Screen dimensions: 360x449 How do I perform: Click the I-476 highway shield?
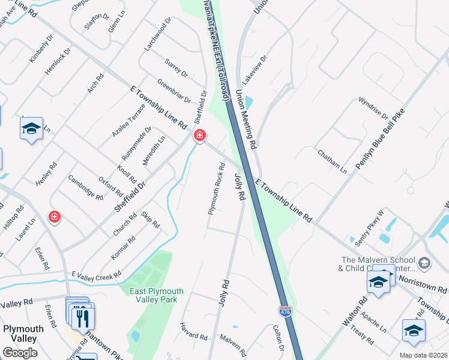pos(286,311)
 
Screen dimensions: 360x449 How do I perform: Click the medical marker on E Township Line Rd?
pos(199,137)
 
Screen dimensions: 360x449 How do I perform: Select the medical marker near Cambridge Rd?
pos(55,217)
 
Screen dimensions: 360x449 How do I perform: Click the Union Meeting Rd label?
pos(246,119)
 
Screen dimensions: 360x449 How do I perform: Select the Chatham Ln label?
pos(333,162)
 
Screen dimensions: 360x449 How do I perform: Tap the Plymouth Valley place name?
pos(23,333)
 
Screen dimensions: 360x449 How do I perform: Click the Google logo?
pos(19,353)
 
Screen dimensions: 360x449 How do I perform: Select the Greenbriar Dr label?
pos(174,89)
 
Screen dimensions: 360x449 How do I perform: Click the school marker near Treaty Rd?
pos(414,331)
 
